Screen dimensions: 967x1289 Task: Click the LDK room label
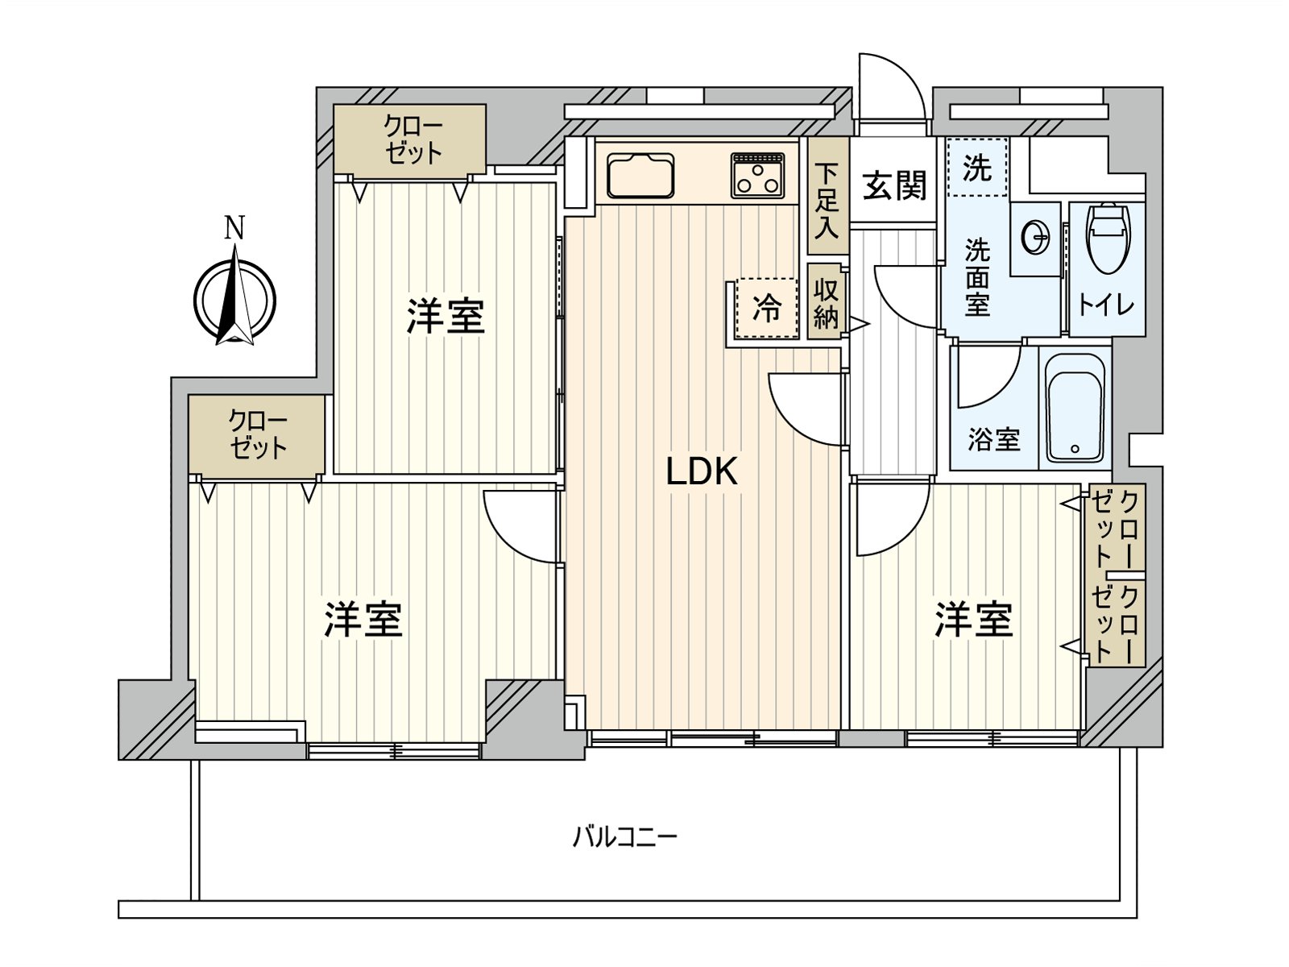[702, 471]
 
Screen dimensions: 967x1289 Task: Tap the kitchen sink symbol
[640, 175]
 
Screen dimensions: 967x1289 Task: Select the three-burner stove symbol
[757, 175]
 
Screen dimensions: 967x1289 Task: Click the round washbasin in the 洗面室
[1035, 238]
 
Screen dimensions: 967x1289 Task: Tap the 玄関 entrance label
[894, 185]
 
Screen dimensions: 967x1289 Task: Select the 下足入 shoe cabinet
[827, 200]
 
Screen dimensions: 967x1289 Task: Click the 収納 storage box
[826, 302]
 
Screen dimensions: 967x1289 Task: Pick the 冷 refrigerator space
[766, 307]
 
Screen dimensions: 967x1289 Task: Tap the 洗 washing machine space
[976, 168]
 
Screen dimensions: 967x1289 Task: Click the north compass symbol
[234, 298]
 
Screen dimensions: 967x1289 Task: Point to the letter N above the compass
[234, 229]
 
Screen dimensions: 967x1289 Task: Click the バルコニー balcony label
[625, 836]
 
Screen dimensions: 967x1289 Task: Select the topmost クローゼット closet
[411, 139]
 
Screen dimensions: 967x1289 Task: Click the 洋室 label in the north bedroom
[445, 316]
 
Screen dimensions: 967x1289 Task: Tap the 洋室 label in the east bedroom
[973, 619]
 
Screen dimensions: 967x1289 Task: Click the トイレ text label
[1106, 305]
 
